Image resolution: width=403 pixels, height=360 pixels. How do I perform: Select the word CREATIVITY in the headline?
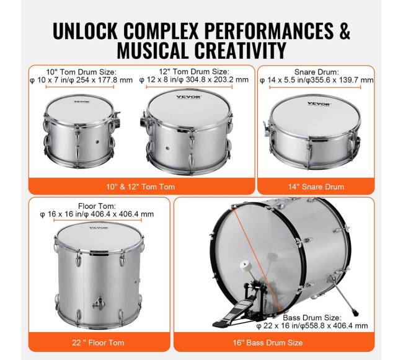tap(240, 50)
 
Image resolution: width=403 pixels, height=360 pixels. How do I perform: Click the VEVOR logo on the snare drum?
tap(319, 104)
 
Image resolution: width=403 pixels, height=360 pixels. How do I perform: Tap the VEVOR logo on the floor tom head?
tap(99, 228)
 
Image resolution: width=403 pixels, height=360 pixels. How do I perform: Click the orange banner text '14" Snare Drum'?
tap(316, 187)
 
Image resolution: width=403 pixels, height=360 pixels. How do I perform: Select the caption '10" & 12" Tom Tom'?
tap(141, 187)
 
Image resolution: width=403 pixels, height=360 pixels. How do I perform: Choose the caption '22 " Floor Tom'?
tap(98, 343)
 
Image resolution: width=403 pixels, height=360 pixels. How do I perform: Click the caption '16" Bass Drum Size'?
tap(268, 343)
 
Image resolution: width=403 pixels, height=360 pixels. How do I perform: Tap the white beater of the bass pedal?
tap(245, 266)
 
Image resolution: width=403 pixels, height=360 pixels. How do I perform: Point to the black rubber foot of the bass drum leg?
tap(356, 314)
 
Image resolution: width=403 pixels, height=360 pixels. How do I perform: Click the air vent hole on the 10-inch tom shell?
tap(97, 141)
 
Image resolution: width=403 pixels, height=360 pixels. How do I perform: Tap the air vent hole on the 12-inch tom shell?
tap(167, 148)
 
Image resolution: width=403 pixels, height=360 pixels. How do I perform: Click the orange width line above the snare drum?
tap(315, 87)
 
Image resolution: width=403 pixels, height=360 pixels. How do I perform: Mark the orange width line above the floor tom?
tap(98, 220)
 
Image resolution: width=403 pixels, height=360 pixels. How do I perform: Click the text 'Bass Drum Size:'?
tap(312, 318)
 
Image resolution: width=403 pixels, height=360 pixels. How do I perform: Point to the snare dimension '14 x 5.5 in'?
tap(282, 80)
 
